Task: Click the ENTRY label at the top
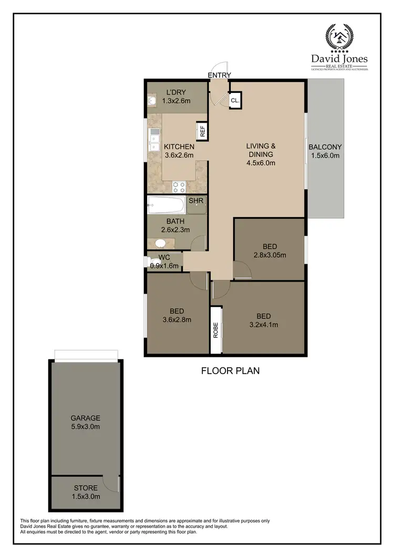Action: pyautogui.click(x=219, y=75)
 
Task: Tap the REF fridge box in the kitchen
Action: pyautogui.click(x=202, y=131)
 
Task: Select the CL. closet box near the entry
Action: pyautogui.click(x=235, y=100)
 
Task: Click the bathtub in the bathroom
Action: pyautogui.click(x=165, y=204)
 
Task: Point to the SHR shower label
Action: pyautogui.click(x=195, y=201)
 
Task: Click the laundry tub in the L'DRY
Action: pyautogui.click(x=152, y=100)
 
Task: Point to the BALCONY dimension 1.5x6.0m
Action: pyautogui.click(x=325, y=156)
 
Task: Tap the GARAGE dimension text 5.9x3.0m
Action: pyautogui.click(x=85, y=427)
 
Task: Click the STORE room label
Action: pyautogui.click(x=85, y=488)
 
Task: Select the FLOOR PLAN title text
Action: pyautogui.click(x=231, y=371)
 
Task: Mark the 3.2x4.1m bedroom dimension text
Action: pyautogui.click(x=263, y=325)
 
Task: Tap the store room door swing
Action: pyautogui.click(x=111, y=482)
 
